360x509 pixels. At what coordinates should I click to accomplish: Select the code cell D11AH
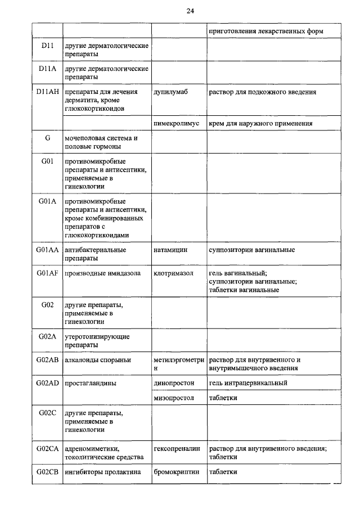coord(47,92)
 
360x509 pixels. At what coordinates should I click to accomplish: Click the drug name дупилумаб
coord(170,92)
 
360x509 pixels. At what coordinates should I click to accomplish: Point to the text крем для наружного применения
coord(260,123)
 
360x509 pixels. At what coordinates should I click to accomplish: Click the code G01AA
coord(47,249)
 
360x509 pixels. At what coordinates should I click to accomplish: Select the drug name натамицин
coord(170,249)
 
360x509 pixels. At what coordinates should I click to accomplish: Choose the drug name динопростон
coord(174,383)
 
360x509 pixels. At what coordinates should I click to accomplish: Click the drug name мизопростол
coord(173,398)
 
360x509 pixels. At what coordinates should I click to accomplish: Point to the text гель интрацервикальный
coord(248,383)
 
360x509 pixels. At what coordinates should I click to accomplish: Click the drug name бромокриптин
coord(176,472)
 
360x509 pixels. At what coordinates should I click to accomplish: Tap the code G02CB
coord(47,472)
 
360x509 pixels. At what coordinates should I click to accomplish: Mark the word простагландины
coord(91,383)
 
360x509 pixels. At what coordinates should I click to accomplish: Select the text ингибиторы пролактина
coord(102,472)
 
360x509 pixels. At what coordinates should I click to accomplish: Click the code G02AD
coord(47,383)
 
